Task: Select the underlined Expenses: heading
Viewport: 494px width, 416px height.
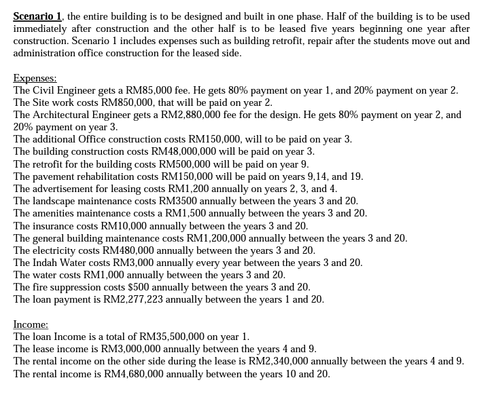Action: [x=35, y=78]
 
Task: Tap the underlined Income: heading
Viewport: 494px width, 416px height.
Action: [x=31, y=324]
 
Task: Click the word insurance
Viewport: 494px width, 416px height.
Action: [x=54, y=226]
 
